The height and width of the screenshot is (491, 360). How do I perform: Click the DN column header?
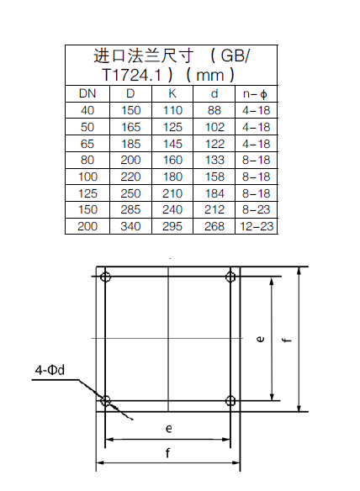pos(87,93)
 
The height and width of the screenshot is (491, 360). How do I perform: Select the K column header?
pos(172,93)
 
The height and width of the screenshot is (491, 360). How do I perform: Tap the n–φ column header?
pos(256,94)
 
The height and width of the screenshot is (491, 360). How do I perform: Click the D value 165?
pos(130,127)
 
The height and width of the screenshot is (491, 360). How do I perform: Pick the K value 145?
pos(172,144)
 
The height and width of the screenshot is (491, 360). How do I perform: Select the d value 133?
pos(214,160)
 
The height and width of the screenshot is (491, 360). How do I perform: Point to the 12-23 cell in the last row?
pos(257,226)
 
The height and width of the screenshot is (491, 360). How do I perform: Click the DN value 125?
pos(87,193)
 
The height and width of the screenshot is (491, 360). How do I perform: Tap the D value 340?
pos(130,226)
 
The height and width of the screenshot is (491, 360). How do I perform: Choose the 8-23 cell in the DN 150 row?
pos(256,209)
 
